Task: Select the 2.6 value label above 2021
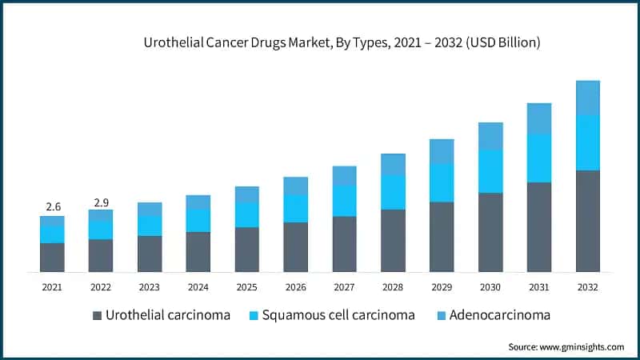click(x=52, y=206)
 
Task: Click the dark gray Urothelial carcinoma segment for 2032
click(x=588, y=221)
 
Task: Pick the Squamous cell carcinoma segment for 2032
click(x=588, y=142)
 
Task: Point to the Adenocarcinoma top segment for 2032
click(x=588, y=98)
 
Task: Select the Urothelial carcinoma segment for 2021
click(x=52, y=257)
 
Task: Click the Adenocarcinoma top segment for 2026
click(x=295, y=186)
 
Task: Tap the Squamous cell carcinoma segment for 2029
click(x=442, y=182)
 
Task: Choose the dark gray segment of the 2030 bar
click(x=490, y=232)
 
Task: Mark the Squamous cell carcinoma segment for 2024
click(x=198, y=220)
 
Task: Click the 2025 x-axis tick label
click(x=246, y=286)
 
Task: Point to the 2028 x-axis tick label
click(x=393, y=286)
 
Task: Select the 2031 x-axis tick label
click(x=539, y=286)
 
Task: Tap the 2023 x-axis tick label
click(x=150, y=286)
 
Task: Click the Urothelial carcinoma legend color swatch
click(x=98, y=315)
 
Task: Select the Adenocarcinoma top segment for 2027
click(x=344, y=175)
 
